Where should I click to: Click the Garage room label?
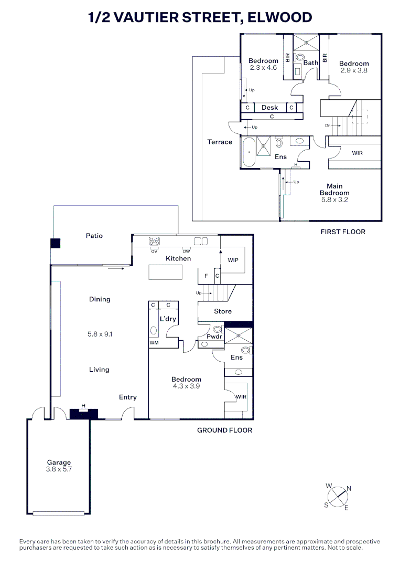tap(59, 462)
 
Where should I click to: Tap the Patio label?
tap(94, 236)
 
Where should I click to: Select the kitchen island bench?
tap(165, 272)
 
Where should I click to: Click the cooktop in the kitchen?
tap(155, 241)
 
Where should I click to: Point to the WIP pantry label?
tap(233, 260)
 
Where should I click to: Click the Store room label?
tap(223, 311)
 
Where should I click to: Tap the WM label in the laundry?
tap(154, 343)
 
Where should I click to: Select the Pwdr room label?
tap(214, 337)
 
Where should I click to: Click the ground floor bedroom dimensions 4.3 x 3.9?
tap(186, 386)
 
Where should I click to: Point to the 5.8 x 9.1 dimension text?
tap(100, 334)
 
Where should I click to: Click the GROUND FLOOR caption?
tap(224, 430)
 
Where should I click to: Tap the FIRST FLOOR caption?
tap(343, 232)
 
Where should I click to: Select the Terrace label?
tap(220, 142)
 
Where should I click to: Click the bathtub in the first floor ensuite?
tap(248, 152)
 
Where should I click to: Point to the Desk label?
tap(269, 108)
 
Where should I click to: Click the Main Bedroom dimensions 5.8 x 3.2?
tap(334, 199)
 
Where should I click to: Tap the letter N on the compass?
tap(349, 489)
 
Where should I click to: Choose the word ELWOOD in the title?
tap(280, 17)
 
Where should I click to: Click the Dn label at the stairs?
tap(328, 125)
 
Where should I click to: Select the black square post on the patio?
tap(55, 244)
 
